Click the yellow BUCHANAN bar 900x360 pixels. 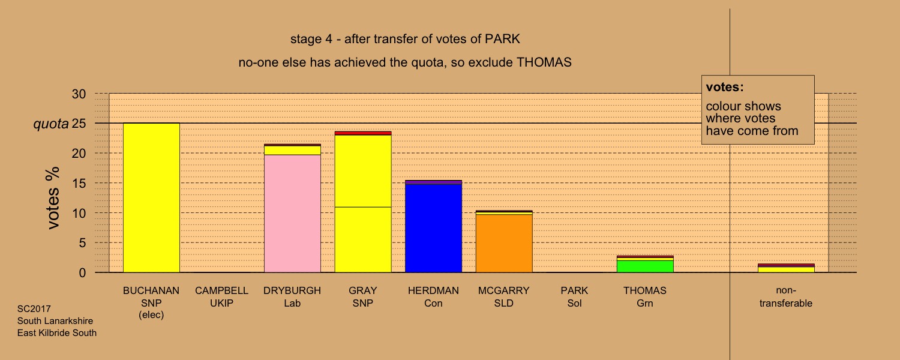(151, 197)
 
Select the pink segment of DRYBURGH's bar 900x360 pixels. (292, 214)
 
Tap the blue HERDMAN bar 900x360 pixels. (433, 228)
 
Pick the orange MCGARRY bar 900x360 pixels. (504, 244)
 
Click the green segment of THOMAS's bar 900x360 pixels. (645, 266)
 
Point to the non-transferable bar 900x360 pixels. (786, 268)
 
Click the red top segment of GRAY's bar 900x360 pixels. (363, 133)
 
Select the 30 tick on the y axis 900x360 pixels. (79, 94)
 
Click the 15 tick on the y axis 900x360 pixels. (79, 184)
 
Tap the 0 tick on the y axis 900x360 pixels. (82, 273)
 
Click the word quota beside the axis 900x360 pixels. (51, 124)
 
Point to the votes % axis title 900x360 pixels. (53, 198)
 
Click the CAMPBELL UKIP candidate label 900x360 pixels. (221, 296)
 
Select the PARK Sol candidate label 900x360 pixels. (574, 296)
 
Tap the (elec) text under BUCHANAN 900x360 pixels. (151, 315)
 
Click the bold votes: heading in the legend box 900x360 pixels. (725, 87)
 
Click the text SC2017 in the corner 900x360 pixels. (34, 309)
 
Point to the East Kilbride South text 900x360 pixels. (56, 333)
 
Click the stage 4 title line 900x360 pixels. (405, 39)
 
